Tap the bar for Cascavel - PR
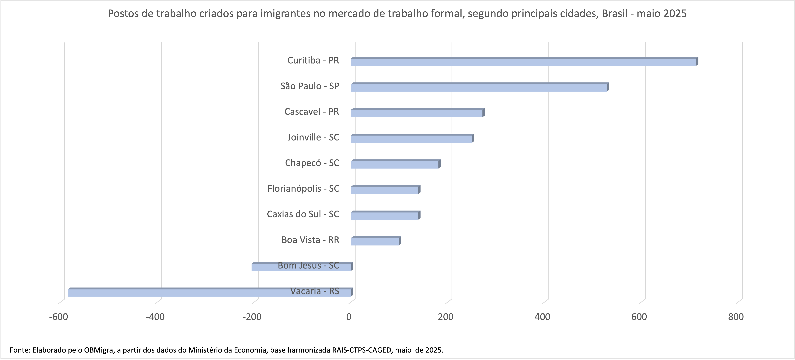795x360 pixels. (x=417, y=113)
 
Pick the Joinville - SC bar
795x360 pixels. (x=411, y=139)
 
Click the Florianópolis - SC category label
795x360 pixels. (x=303, y=188)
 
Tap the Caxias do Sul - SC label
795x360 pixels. (x=303, y=214)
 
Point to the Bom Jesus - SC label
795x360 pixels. (x=308, y=265)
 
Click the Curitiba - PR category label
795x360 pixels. (x=313, y=60)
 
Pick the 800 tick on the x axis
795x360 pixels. (x=736, y=317)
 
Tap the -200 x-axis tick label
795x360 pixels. (x=252, y=317)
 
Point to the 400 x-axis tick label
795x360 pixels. (x=542, y=317)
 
